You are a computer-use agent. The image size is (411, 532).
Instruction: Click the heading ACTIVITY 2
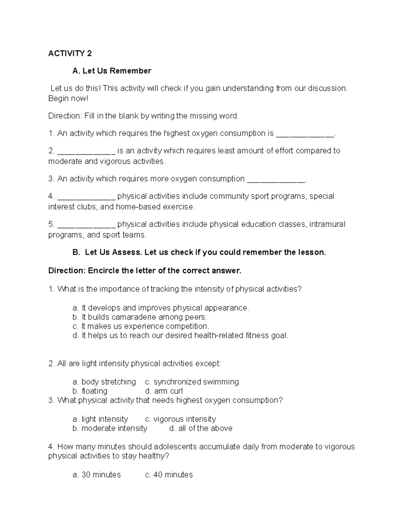(70, 53)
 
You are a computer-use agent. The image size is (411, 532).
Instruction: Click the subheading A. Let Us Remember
(112, 71)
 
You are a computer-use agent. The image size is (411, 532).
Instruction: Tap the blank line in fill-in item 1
(305, 134)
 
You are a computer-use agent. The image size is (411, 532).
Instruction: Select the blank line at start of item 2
(87, 151)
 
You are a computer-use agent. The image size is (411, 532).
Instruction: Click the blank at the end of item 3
(276, 180)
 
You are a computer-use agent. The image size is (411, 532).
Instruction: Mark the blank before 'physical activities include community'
(87, 197)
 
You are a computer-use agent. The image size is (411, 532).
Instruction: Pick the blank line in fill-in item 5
(87, 225)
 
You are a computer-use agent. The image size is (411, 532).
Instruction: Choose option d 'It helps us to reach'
(180, 336)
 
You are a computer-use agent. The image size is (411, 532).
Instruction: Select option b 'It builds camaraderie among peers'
(140, 317)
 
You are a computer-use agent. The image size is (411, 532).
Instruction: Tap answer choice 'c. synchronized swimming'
(192, 382)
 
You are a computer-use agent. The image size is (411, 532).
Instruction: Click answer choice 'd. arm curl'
(164, 391)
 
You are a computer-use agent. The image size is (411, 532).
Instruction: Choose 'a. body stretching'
(104, 382)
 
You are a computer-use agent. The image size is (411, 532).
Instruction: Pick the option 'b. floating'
(90, 391)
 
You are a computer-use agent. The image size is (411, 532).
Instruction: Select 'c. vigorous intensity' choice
(180, 419)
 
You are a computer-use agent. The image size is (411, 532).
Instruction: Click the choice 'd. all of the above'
(201, 429)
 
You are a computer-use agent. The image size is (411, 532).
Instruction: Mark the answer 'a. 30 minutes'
(97, 475)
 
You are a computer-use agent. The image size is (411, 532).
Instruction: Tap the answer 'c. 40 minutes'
(169, 475)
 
